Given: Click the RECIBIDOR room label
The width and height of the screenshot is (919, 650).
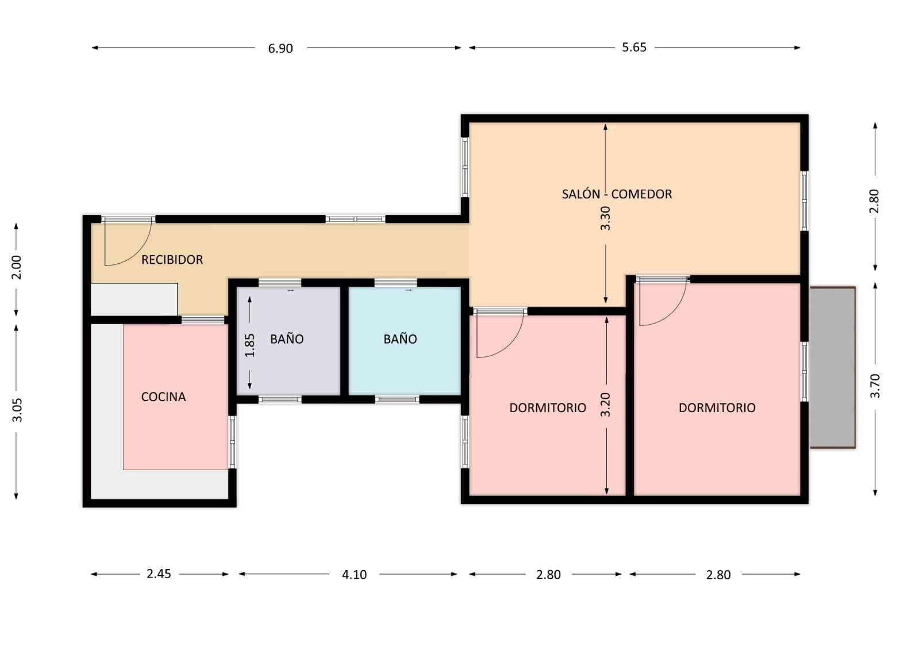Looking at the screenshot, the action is pos(172,260).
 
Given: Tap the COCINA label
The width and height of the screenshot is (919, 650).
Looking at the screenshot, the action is pos(163,397).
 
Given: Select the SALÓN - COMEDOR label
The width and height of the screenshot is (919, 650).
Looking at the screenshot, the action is pos(617,194).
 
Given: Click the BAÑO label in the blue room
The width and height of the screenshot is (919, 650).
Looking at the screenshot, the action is pos(400,339).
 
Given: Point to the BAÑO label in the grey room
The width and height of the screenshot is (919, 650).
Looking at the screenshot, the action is pos(287,339).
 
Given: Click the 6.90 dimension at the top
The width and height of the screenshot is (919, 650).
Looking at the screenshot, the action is pos(280,48).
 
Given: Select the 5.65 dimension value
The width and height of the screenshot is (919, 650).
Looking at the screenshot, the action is pos(634,47).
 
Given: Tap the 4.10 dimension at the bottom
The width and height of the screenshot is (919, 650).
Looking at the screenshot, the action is pos(354,575).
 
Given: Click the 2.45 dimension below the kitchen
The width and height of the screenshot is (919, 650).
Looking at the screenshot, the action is pos(159,574).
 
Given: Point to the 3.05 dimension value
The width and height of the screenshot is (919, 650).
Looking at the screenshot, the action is pos(17,410).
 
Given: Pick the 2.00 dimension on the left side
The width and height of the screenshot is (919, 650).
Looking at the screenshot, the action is pos(17,267).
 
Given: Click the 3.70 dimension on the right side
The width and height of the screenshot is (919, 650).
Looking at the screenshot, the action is pos(875,386).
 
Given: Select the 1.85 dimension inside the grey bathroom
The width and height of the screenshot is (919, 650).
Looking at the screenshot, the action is pos(250,345).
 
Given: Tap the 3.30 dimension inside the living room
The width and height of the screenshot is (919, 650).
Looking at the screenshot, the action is pos(606,218).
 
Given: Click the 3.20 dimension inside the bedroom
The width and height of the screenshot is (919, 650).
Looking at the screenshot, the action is pos(606,405).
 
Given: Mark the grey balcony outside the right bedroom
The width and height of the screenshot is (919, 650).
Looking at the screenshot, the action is pos(832,367).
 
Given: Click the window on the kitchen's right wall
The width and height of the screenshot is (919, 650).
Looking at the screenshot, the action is pos(232,442).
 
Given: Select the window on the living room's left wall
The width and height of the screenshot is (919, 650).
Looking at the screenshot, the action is pos(465,167).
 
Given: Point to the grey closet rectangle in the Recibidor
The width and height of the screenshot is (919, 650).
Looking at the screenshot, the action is pos(134,299).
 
